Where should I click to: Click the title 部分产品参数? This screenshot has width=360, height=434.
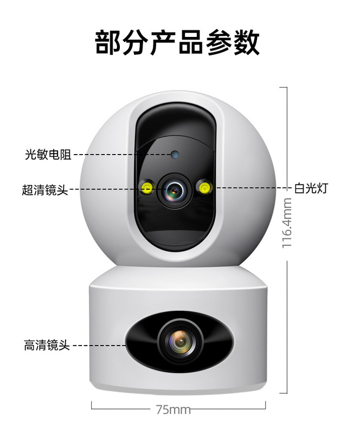[x=177, y=42]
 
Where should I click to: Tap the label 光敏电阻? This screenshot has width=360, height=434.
[x=48, y=155]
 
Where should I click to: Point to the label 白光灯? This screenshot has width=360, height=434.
[x=311, y=188]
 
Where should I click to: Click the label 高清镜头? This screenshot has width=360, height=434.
[x=47, y=345]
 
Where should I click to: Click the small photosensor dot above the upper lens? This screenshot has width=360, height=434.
[x=175, y=155]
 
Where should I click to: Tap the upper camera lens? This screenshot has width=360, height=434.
[x=175, y=189]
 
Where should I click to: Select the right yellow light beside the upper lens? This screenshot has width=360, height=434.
[x=204, y=188]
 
